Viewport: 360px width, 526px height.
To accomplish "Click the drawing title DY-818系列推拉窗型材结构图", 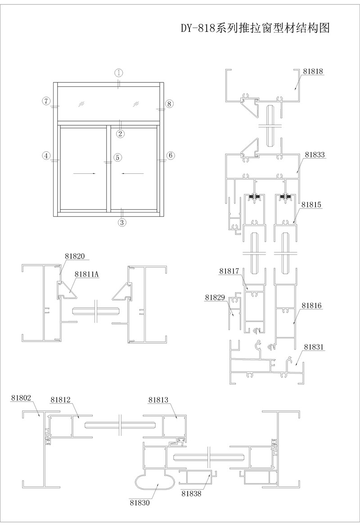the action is (x=256, y=28).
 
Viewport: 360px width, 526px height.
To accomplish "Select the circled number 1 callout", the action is (x=119, y=73).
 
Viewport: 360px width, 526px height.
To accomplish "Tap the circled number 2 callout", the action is (x=121, y=133).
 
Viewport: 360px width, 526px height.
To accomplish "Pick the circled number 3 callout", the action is (x=122, y=222).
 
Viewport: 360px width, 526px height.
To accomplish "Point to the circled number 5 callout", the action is (x=117, y=157).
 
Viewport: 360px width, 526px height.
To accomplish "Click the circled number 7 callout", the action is (x=47, y=100).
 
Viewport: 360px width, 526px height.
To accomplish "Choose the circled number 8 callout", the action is (x=169, y=104).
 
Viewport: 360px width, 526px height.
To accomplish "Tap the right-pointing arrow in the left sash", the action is (x=84, y=174).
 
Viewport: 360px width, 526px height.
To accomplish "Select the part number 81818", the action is (x=313, y=71).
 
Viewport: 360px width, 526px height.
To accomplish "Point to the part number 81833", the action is (x=315, y=154).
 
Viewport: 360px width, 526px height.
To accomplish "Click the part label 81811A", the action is (x=86, y=274).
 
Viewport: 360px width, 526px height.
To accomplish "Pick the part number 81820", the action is (x=75, y=256).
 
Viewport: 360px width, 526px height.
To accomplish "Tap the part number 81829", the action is (x=215, y=297).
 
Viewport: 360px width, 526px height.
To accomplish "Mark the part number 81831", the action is (x=314, y=347).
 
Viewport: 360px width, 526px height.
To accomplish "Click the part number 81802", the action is (x=21, y=398).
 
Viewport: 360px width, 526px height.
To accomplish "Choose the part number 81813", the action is (x=158, y=399).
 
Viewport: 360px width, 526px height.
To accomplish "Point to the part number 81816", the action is (x=312, y=306).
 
